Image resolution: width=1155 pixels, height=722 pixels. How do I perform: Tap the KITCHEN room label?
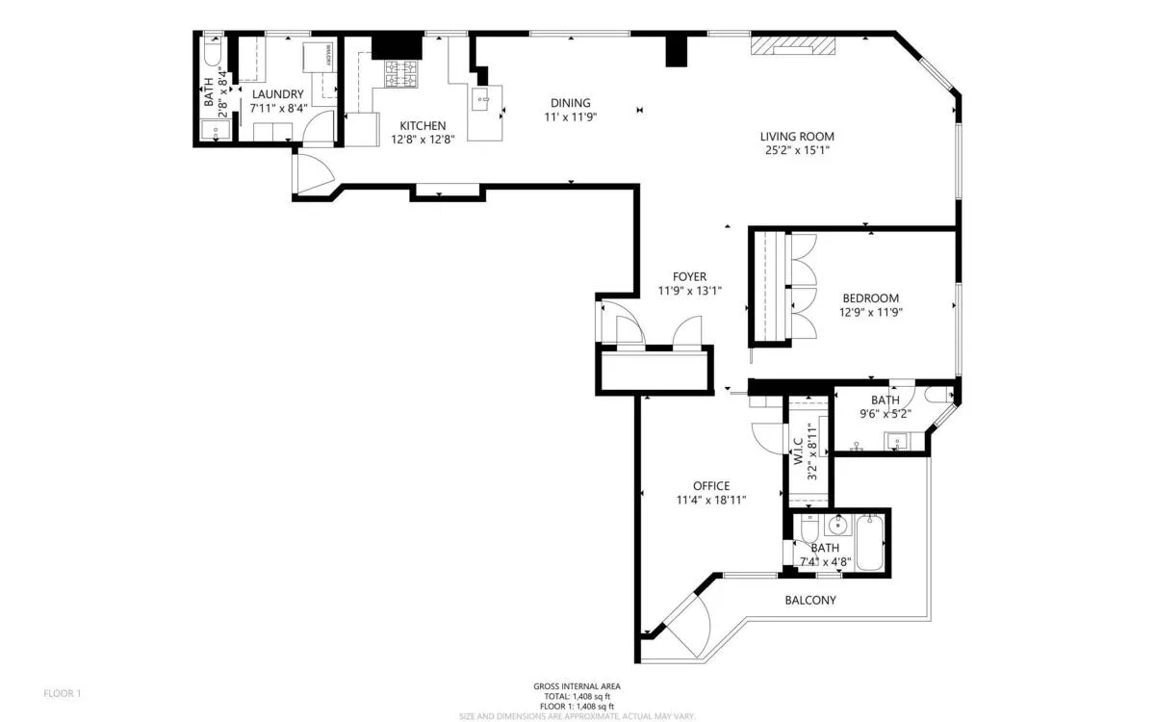coord(423,125)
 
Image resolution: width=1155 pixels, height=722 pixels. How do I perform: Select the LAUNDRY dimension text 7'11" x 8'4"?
coord(278,109)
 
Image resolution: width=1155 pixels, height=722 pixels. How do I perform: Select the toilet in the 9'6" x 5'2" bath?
coord(936,395)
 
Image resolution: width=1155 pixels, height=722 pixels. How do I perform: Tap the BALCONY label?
coord(809,600)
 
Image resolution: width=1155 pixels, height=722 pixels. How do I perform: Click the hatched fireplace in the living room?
coord(794,45)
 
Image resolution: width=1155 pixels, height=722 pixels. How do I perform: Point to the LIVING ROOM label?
coord(796,137)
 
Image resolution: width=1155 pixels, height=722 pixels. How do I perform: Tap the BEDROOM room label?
coord(870,298)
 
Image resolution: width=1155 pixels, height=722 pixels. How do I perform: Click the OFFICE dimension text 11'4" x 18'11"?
coord(711,500)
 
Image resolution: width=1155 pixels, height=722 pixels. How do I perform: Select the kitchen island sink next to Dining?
coord(483,98)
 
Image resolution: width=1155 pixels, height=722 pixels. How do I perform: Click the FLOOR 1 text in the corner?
coord(63,693)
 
